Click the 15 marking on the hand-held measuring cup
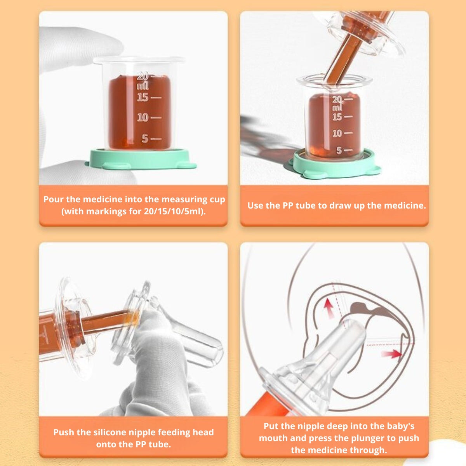(x=143, y=97)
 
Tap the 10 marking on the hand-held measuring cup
(x=143, y=118)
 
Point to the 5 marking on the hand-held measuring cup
(x=145, y=139)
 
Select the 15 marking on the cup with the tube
(x=337, y=117)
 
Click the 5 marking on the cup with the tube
(x=339, y=150)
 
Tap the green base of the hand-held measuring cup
(x=141, y=159)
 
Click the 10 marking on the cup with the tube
(x=337, y=133)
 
